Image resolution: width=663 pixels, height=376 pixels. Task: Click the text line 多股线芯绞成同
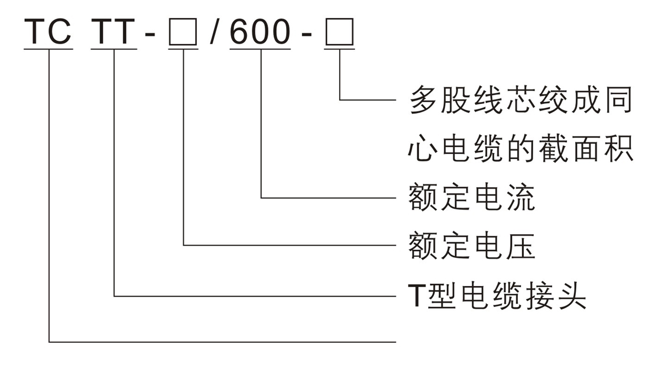[520, 100]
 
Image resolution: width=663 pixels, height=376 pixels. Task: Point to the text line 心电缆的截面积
[520, 149]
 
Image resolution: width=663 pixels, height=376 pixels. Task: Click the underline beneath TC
[48, 50]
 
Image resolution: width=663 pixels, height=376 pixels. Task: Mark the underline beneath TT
[114, 50]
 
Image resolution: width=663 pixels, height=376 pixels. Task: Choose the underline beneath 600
[260, 50]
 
